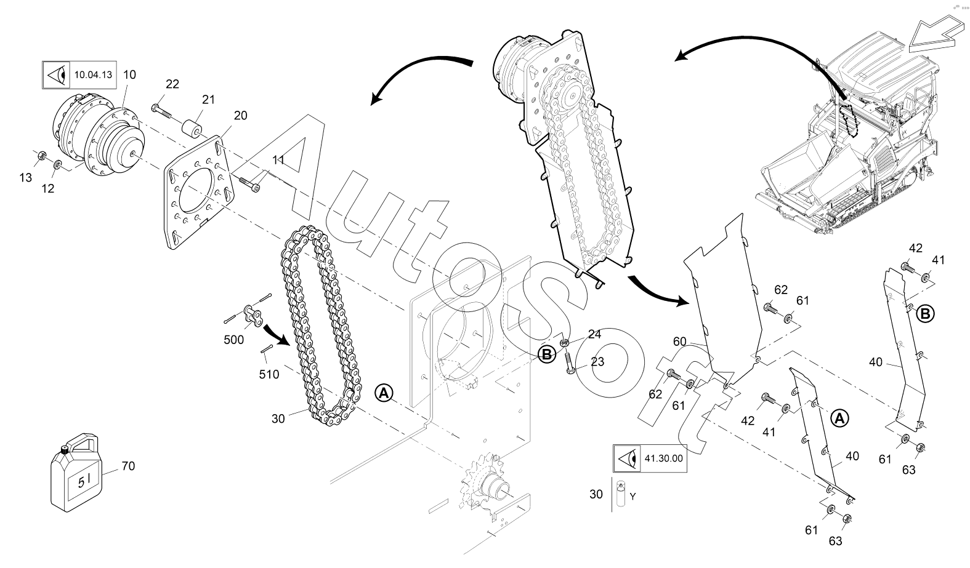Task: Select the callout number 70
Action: [x=128, y=466]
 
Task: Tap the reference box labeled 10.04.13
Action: [x=79, y=75]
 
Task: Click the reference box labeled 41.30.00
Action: [x=650, y=458]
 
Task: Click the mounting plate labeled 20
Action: [x=199, y=193]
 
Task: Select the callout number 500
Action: [x=234, y=340]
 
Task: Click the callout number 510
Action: [x=269, y=374]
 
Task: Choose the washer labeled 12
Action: [x=58, y=166]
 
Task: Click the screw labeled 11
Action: [x=249, y=184]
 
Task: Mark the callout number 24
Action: [x=594, y=334]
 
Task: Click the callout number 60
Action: [x=680, y=342]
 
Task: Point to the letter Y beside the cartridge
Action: [x=633, y=497]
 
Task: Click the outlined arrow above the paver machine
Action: [x=936, y=31]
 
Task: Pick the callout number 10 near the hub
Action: [x=129, y=75]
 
